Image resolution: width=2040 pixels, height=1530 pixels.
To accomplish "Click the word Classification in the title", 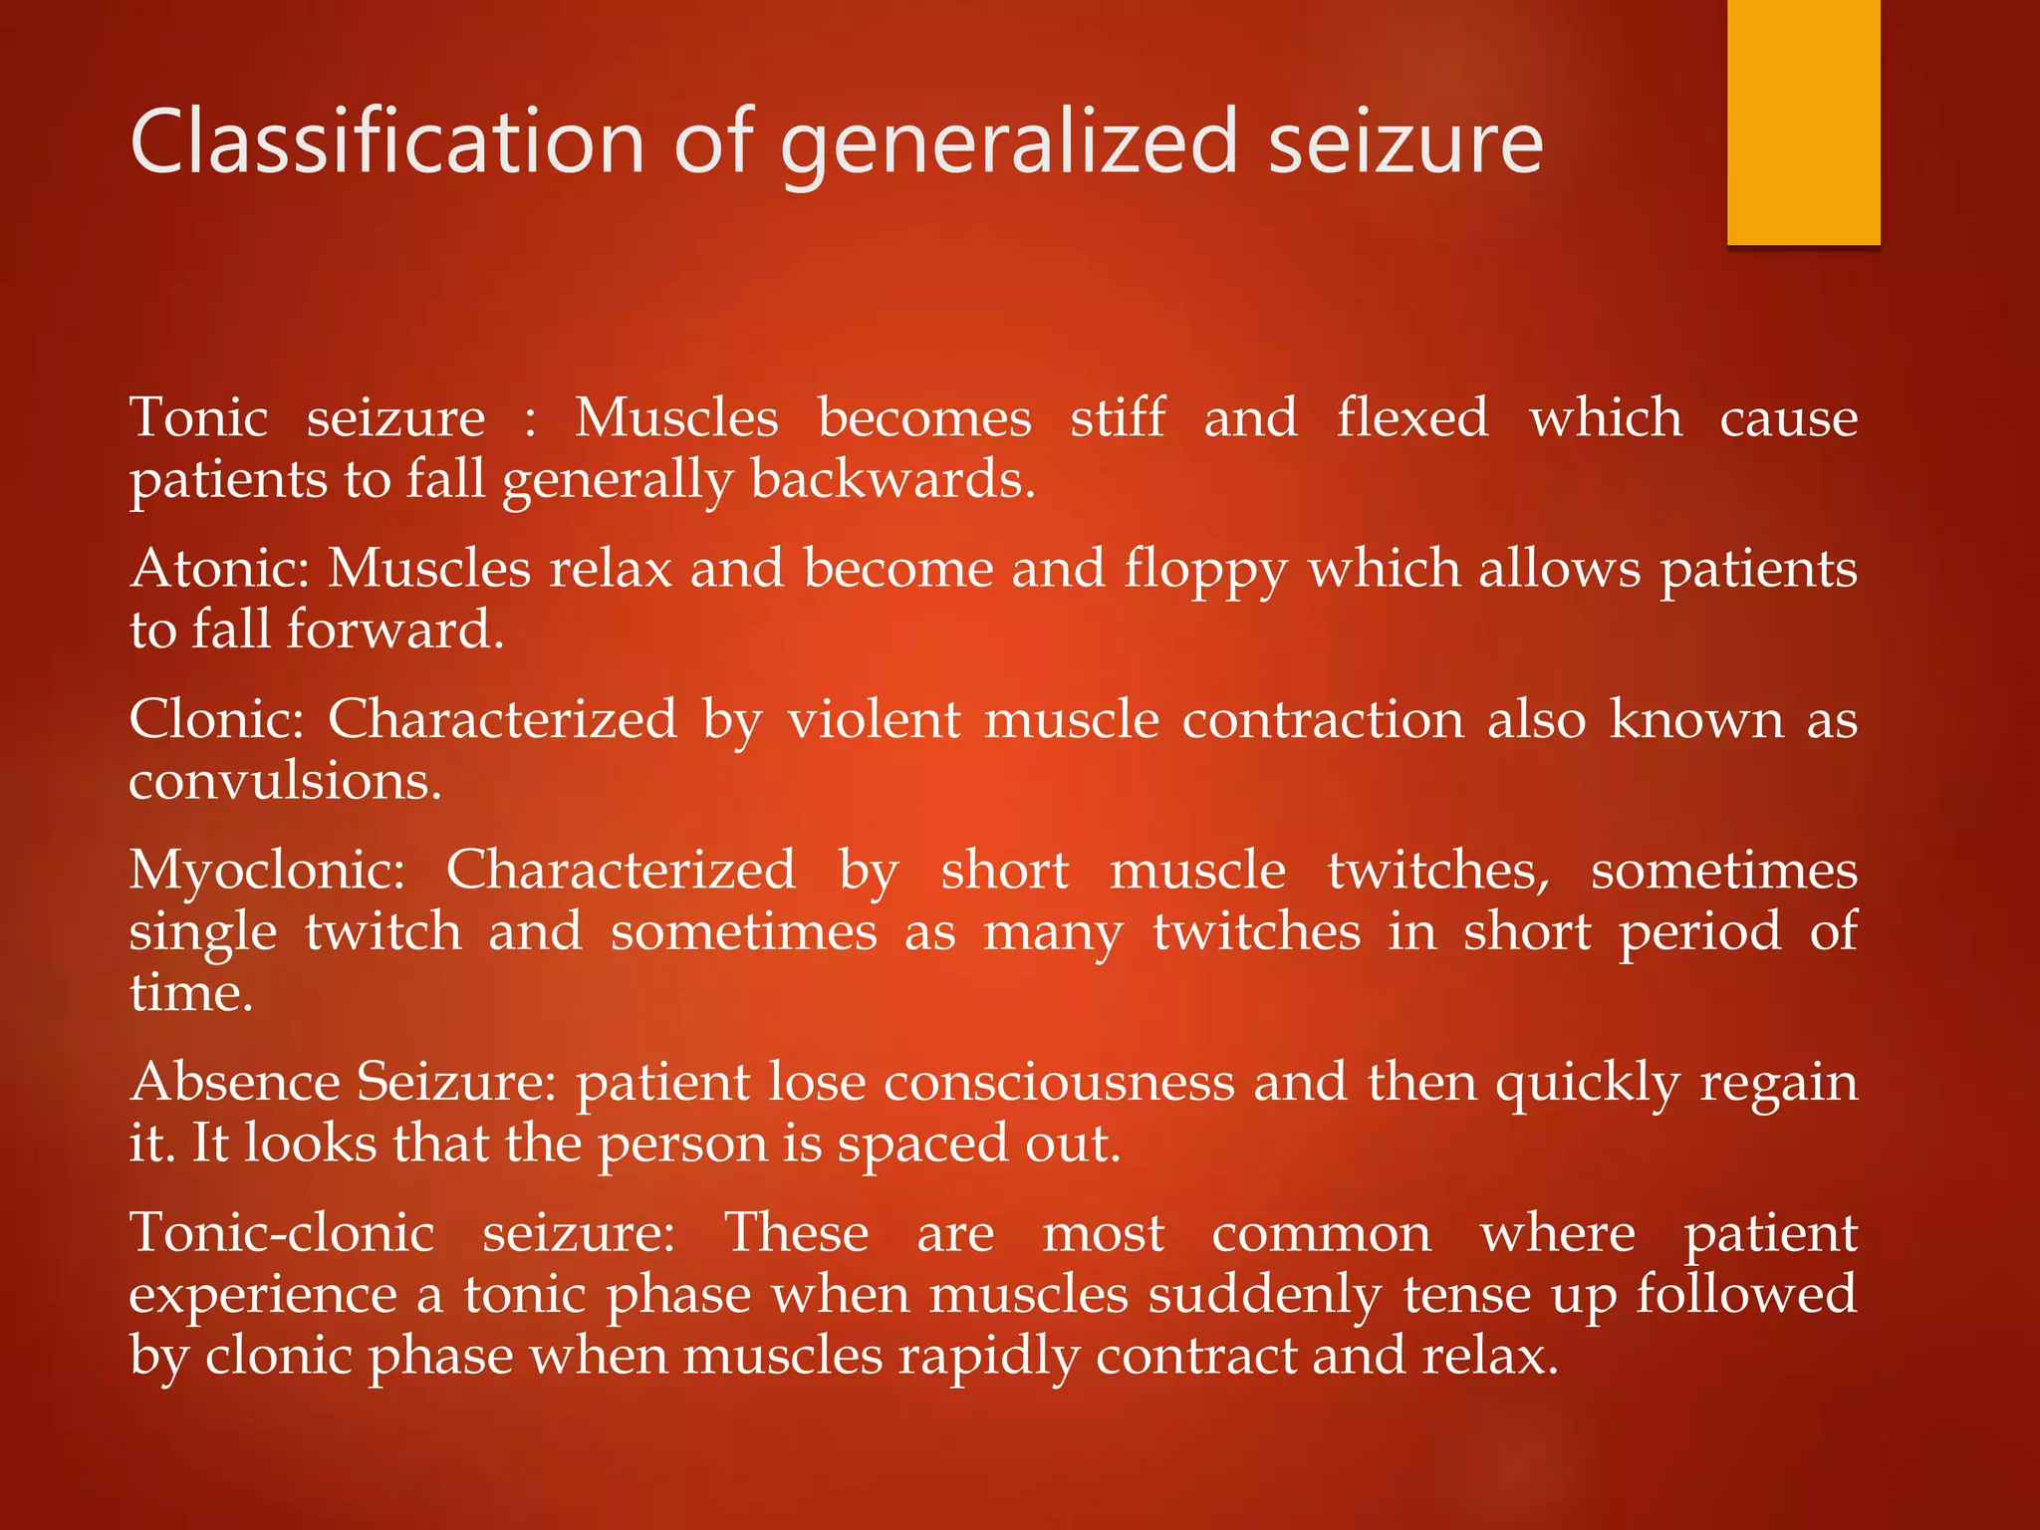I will [388, 142].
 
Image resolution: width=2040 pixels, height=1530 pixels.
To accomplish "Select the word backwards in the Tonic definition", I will [892, 479].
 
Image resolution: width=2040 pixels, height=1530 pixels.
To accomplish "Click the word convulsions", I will [285, 780].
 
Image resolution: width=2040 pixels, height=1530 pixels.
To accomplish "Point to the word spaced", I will [908, 1145].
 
